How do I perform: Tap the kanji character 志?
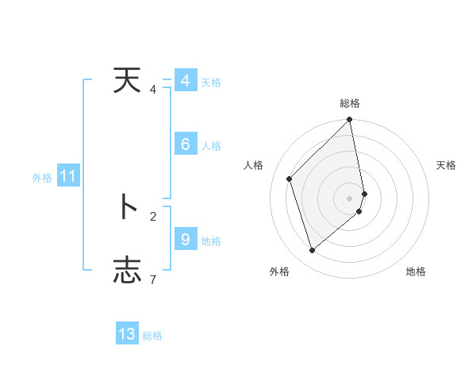tap(127, 270)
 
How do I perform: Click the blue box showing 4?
tap(185, 81)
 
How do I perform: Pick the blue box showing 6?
tap(185, 144)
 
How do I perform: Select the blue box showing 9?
tap(185, 238)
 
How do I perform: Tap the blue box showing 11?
tap(67, 176)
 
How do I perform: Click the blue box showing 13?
tap(127, 334)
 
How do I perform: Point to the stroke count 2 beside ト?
tap(153, 215)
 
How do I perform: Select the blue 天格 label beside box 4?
tap(211, 83)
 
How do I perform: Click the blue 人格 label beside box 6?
tap(211, 146)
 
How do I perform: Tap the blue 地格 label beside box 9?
tap(211, 240)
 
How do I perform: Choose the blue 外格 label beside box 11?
tap(42, 178)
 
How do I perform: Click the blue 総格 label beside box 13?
tap(152, 336)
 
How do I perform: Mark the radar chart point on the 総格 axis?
tap(350, 121)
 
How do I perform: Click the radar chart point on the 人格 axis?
tap(290, 179)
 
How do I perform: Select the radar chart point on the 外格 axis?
tap(313, 250)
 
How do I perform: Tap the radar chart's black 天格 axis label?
tap(446, 165)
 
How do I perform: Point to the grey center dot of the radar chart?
tap(350, 198)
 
